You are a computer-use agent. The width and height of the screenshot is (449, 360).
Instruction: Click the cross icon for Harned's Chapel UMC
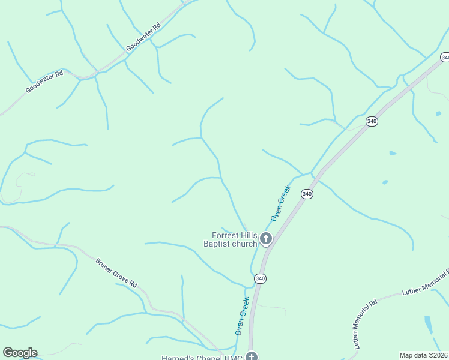(x=252, y=356)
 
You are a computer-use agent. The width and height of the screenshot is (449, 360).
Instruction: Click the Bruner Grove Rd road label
(x=116, y=272)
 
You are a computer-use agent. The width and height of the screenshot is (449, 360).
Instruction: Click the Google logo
(x=20, y=353)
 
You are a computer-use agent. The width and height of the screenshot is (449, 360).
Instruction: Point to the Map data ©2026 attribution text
(x=423, y=355)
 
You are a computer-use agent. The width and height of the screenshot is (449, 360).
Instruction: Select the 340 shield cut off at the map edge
(x=444, y=58)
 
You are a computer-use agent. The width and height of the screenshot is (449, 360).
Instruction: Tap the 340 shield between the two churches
(x=259, y=279)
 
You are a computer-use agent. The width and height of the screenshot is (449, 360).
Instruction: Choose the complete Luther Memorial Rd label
(x=364, y=323)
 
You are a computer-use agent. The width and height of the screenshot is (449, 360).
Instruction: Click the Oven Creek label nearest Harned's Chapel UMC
(x=241, y=316)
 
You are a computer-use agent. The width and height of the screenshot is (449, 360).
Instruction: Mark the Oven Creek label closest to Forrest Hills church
(x=280, y=203)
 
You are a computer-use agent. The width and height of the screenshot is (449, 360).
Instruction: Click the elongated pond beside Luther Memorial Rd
(x=428, y=323)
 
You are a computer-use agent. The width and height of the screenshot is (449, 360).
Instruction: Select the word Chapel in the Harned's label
(x=209, y=358)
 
